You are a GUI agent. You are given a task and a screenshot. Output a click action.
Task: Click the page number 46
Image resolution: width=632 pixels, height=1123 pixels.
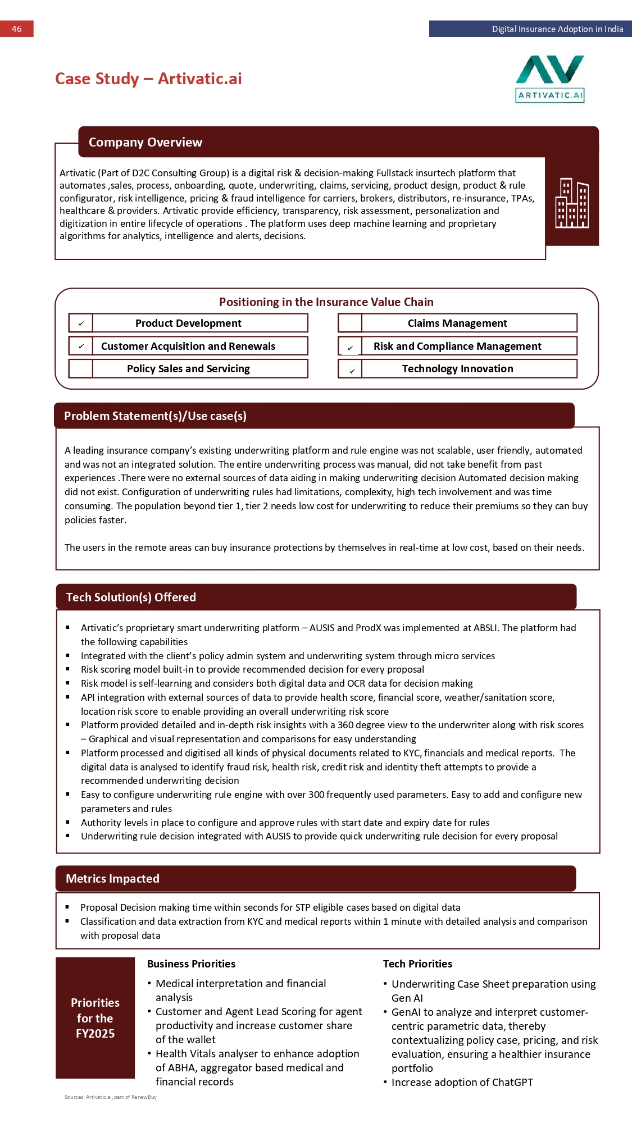(17, 29)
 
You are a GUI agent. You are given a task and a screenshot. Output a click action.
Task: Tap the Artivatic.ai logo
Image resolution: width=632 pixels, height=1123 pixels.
(550, 79)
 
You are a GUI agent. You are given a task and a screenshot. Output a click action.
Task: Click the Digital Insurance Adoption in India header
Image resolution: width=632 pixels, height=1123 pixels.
(557, 29)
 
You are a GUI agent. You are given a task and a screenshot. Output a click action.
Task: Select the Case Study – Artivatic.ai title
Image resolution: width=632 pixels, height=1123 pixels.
(148, 79)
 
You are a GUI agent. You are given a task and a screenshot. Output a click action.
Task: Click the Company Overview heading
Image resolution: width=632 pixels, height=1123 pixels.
(146, 142)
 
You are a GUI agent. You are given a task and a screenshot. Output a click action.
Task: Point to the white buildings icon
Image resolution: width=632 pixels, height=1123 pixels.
(572, 203)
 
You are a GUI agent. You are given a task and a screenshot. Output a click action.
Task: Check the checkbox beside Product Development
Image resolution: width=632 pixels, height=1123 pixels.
(81, 323)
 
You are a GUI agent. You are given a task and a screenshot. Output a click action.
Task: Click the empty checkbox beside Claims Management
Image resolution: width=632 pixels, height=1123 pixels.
(350, 323)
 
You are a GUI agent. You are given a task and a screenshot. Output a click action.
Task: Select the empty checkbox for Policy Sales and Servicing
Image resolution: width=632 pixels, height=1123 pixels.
(81, 369)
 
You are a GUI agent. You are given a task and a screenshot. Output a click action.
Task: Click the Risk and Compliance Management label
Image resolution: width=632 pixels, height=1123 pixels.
(457, 346)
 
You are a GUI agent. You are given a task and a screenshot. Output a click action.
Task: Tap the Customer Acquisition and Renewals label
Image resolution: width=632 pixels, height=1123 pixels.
(188, 346)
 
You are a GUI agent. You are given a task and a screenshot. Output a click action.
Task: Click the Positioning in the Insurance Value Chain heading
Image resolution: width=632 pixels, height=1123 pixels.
(326, 302)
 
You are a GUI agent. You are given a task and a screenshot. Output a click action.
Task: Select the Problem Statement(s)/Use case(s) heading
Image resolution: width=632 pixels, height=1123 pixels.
(155, 416)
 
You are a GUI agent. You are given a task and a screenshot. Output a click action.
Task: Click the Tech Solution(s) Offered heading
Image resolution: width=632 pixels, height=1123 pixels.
(131, 597)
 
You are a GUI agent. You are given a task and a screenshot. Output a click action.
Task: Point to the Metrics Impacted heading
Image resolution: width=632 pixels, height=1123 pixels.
(112, 879)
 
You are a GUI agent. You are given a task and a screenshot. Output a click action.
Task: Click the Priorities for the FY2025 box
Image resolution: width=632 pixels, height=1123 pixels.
(95, 1018)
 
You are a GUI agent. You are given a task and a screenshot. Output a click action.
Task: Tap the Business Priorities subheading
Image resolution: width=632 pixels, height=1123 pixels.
(191, 964)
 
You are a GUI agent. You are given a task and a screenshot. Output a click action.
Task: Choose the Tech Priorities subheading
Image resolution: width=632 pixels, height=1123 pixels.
(417, 964)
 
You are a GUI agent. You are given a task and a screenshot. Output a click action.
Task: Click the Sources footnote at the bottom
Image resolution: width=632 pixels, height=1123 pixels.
(111, 1097)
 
